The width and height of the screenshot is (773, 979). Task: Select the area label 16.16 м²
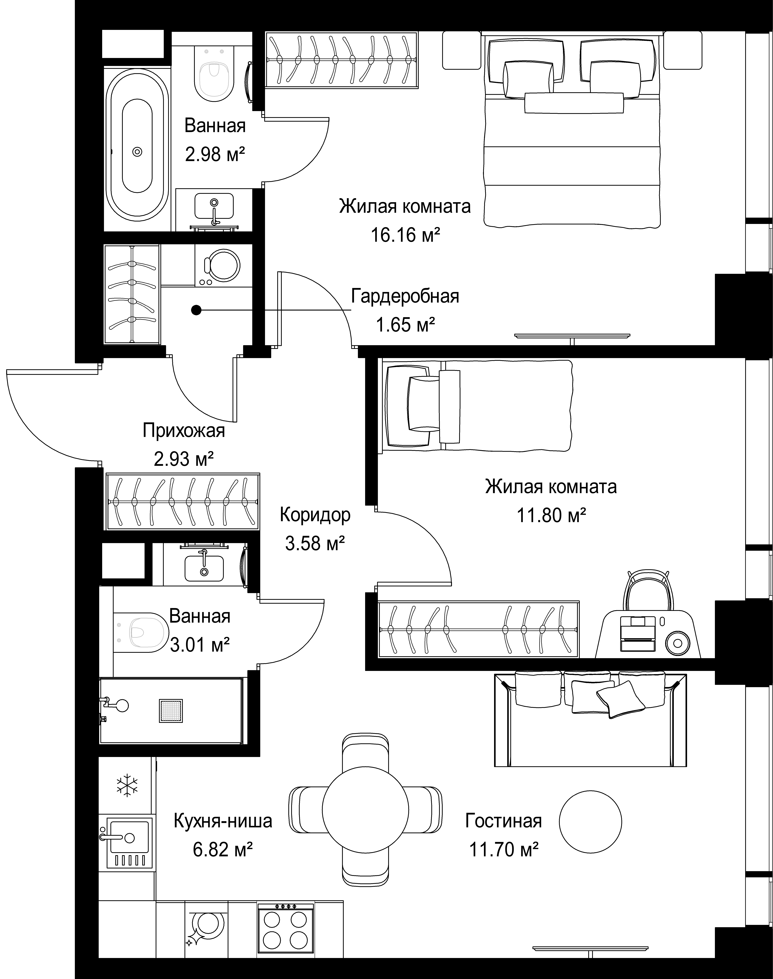tap(406, 235)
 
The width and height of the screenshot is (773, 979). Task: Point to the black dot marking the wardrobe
tap(196, 310)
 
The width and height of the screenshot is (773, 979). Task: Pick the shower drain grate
tap(171, 711)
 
